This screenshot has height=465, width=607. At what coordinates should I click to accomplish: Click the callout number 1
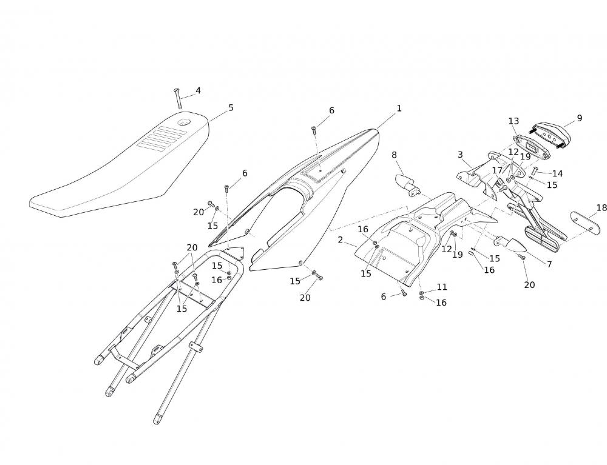[x=399, y=109]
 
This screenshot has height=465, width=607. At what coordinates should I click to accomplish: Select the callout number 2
[x=341, y=240]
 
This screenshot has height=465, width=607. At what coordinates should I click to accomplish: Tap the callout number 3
[x=460, y=155]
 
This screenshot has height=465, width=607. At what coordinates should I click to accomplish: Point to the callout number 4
[x=198, y=91]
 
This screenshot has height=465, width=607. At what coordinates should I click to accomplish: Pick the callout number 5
[x=231, y=108]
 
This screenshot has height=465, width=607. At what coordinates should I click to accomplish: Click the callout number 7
[x=549, y=264]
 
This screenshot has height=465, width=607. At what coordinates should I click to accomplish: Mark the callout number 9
[x=579, y=118]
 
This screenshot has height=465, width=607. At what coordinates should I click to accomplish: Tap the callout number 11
[x=441, y=287]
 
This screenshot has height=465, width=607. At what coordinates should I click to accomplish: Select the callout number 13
[x=514, y=121]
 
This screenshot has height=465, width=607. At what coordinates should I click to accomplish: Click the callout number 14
[x=557, y=174]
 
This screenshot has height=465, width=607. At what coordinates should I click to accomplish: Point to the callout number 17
[x=497, y=171]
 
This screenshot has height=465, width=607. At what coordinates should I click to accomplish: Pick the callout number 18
[x=601, y=208]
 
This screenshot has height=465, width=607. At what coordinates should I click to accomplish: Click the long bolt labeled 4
[x=178, y=99]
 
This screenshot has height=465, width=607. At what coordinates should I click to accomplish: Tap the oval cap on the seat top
[x=183, y=124]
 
